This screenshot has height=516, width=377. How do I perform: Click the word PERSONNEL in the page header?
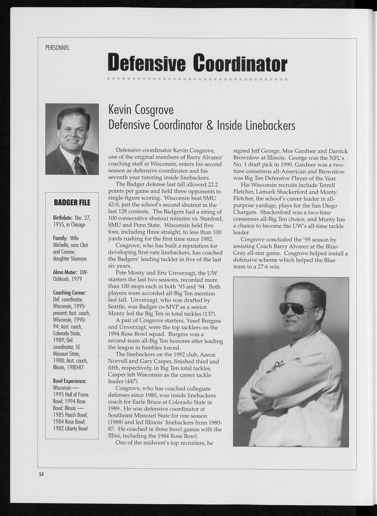57,48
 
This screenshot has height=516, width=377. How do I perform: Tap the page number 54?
41,474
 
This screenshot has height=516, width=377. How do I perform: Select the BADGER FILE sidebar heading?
72,203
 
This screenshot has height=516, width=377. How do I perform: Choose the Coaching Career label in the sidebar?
70,292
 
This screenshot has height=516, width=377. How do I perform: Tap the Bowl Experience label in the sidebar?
70,381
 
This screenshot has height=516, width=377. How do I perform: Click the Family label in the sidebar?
60,238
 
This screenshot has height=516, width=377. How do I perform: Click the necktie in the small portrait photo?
79,166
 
